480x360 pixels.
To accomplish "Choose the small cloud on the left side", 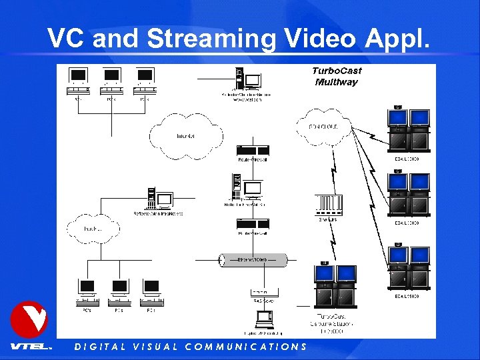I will click(x=93, y=229).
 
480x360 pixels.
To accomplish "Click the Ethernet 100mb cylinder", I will click(x=253, y=260).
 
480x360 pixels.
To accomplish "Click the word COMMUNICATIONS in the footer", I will click(x=245, y=347).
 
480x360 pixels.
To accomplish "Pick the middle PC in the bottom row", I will click(x=119, y=291).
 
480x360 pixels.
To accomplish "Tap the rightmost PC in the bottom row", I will click(x=151, y=291).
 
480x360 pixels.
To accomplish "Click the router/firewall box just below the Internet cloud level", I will click(x=253, y=151).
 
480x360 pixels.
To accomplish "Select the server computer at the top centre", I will click(x=245, y=80).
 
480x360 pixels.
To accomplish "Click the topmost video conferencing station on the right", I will click(x=409, y=130).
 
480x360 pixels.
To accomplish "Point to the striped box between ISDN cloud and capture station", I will click(x=330, y=204).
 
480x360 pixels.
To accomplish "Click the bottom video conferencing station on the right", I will click(x=409, y=267).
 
